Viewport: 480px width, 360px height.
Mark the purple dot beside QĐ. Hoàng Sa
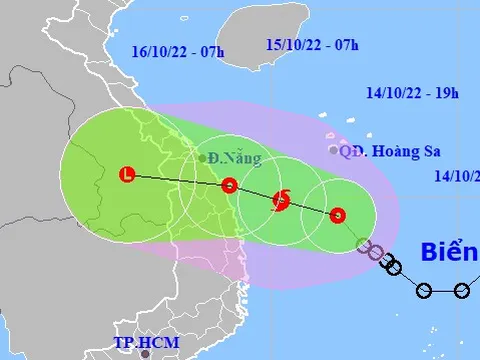tap(334, 150)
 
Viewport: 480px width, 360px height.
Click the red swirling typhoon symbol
tap(282, 200)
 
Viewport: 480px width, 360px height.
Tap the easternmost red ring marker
tap(337, 214)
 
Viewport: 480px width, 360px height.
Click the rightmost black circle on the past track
tap(462, 291)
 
